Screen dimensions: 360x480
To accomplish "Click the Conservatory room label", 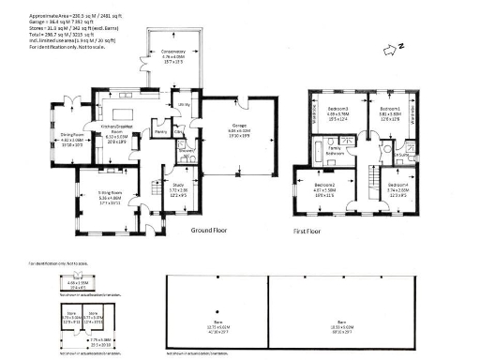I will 173,53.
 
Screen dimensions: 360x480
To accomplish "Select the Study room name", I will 178,187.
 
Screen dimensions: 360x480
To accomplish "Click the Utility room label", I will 184,104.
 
